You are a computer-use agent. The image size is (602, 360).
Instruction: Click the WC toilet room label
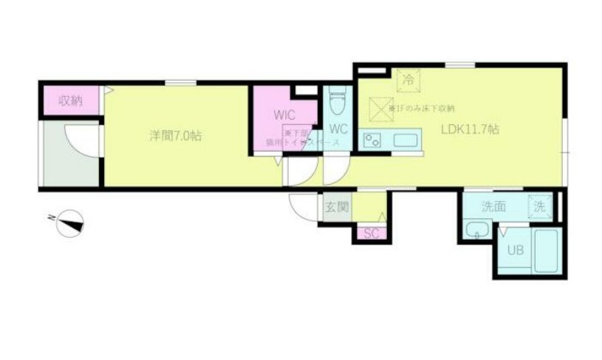[338, 127]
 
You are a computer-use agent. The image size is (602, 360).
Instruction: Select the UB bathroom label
[515, 250]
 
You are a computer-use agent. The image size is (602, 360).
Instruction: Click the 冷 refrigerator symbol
[407, 76]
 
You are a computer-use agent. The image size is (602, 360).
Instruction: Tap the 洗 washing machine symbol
[541, 208]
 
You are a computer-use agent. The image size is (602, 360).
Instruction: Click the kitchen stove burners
[372, 140]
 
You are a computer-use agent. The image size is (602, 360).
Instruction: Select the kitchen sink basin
[406, 140]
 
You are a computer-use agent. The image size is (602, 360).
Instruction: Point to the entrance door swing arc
[304, 206]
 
